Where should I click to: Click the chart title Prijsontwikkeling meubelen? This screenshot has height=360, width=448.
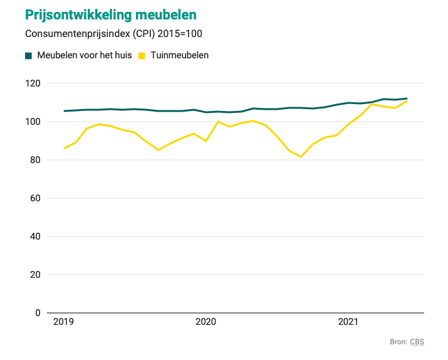[111, 16]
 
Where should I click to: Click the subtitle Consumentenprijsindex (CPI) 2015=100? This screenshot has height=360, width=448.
[113, 34]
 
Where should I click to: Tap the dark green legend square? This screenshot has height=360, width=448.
[28, 56]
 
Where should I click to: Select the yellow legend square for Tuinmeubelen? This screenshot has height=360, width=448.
[142, 56]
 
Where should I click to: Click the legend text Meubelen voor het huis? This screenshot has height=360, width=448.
[85, 55]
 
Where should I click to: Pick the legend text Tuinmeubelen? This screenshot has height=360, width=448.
[180, 55]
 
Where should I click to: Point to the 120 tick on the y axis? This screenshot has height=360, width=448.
[33, 83]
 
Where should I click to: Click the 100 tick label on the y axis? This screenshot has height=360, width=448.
[33, 122]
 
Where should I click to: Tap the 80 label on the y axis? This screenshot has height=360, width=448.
[35, 160]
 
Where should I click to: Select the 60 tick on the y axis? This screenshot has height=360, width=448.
[35, 198]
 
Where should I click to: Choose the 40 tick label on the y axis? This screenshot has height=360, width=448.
[35, 236]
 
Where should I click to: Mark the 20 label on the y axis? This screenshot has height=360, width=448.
[35, 275]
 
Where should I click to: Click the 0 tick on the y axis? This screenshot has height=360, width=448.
[38, 313]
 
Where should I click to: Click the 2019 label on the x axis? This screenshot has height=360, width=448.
[63, 322]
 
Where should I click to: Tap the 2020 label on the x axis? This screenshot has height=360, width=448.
[206, 322]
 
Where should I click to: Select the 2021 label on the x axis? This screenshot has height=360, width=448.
[348, 322]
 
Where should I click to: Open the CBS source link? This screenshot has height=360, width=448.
[417, 342]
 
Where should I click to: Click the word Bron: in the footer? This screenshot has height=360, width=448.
[399, 342]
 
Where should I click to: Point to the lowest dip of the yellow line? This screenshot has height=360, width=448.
[301, 157]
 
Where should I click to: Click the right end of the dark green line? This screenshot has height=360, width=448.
[407, 98]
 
